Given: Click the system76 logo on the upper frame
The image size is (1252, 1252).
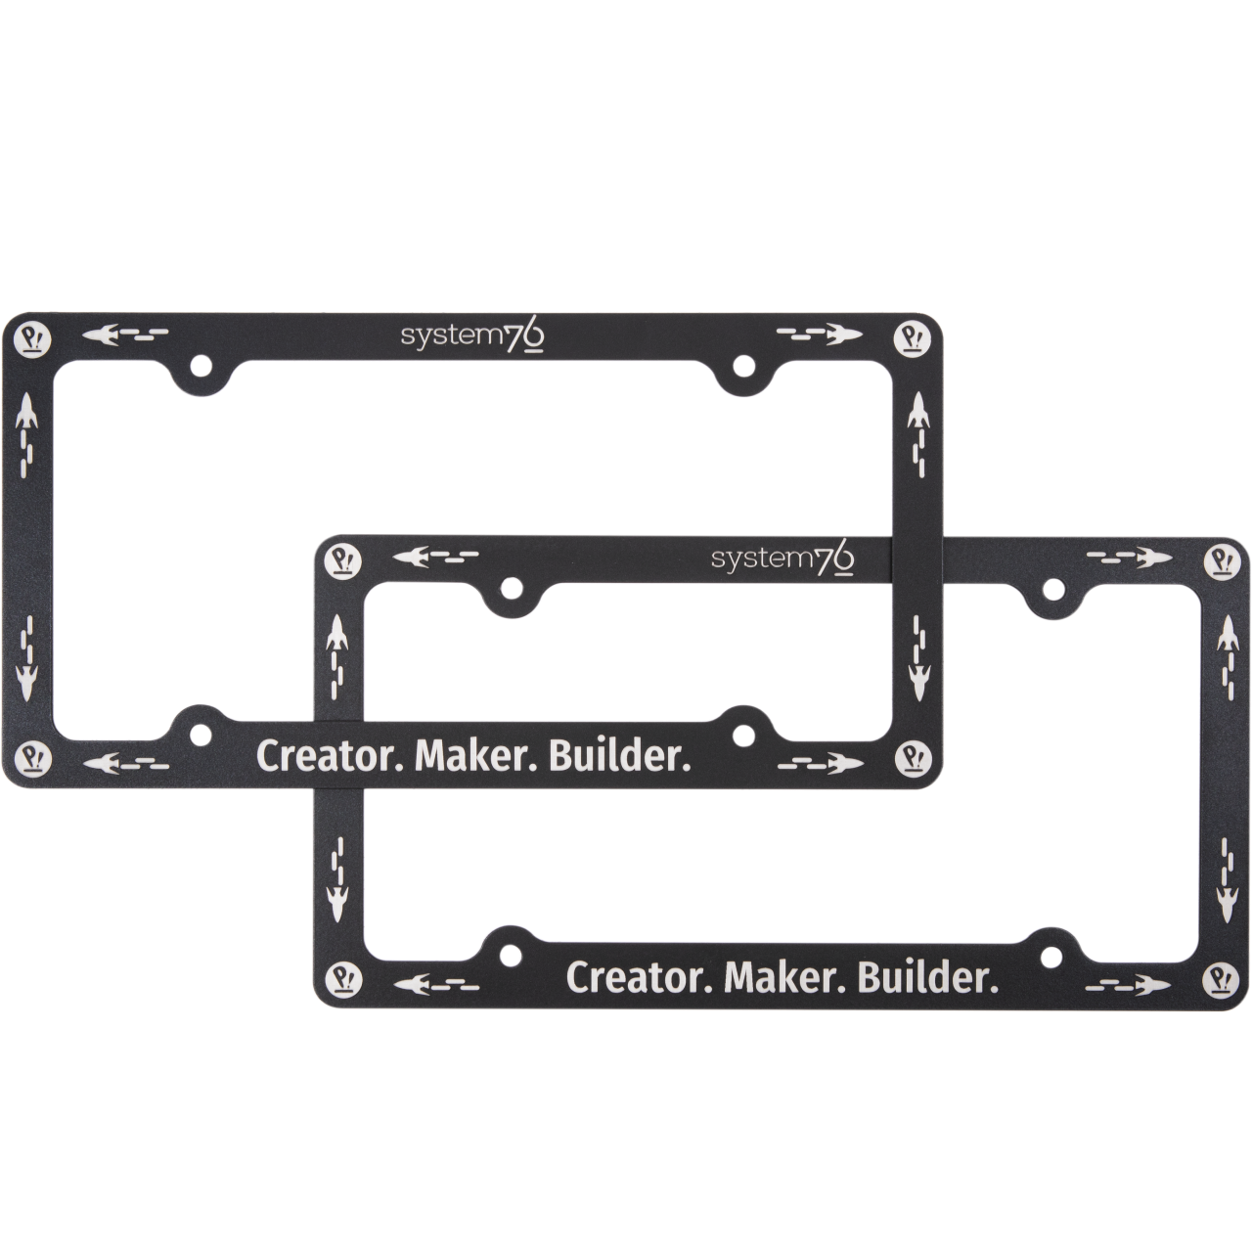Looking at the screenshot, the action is click(472, 337).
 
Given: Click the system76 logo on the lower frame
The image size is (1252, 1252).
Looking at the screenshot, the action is click(782, 560).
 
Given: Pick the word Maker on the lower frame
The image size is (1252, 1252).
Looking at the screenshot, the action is click(786, 978).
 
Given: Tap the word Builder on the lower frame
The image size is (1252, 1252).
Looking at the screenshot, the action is click(929, 978).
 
